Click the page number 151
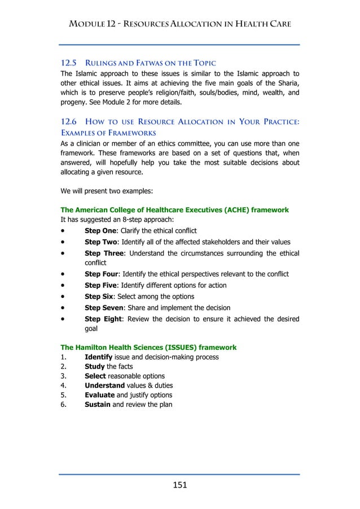click(179, 485)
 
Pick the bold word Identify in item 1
click(98, 357)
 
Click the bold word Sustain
click(98, 405)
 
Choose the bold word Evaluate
click(99, 395)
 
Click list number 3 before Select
click(63, 376)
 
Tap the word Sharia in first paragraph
click(287, 84)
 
